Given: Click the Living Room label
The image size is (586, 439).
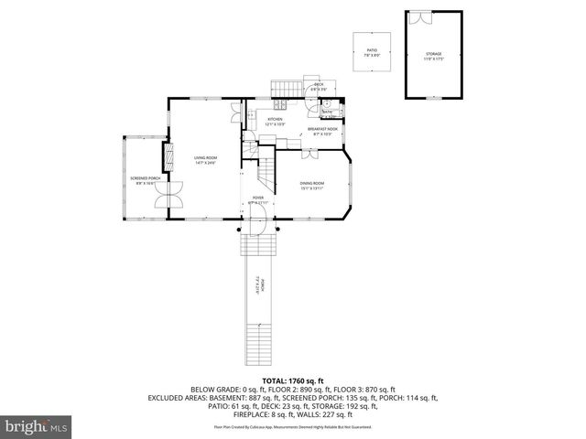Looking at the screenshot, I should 205,160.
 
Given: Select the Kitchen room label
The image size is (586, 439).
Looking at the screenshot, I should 275,121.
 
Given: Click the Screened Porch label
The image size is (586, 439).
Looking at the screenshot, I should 145,180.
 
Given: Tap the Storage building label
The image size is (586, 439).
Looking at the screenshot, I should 432,55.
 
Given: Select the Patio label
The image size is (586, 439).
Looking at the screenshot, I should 373,53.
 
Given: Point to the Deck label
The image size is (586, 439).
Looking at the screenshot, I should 319,86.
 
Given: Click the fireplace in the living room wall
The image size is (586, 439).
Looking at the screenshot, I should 167,157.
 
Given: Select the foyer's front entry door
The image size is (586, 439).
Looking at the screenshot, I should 259,218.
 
